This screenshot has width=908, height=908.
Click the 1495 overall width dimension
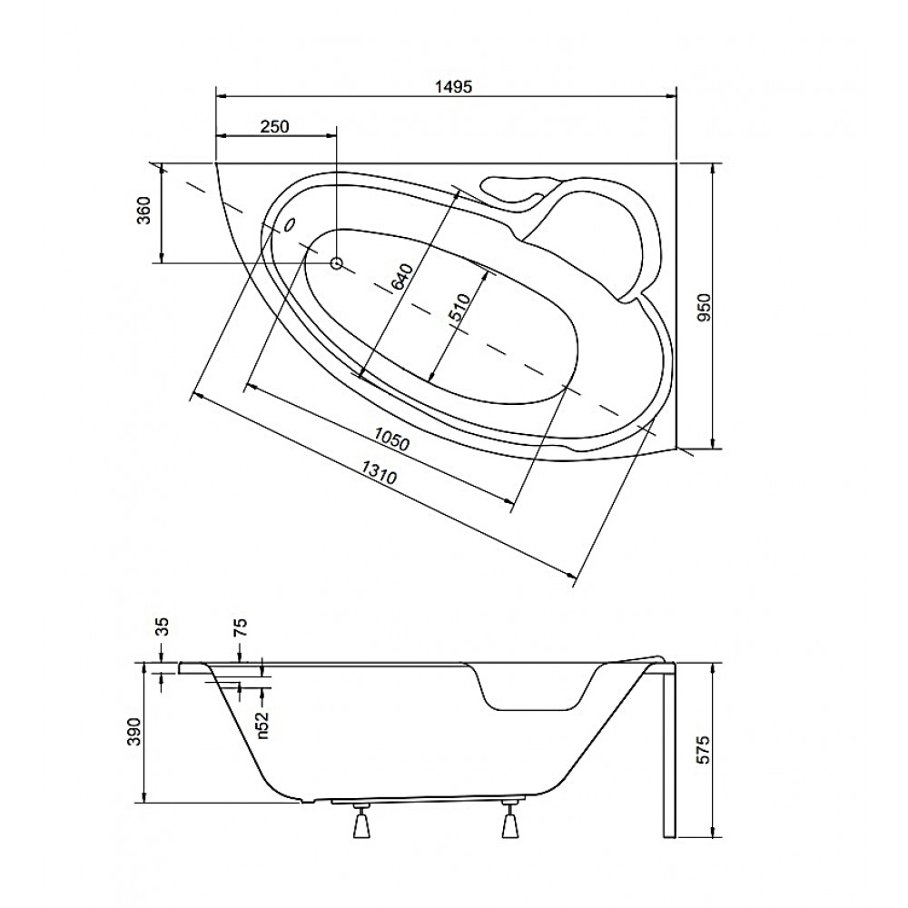pos(453,87)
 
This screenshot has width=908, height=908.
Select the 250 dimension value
pos(274,126)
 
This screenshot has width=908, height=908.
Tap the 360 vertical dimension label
pos(144,211)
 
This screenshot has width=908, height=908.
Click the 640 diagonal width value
pos(400,277)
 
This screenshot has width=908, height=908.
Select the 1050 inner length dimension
pos(391,439)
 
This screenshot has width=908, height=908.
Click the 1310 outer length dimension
pos(380,472)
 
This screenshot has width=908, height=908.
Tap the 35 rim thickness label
pos(163,627)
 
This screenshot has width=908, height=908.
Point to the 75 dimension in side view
pos(242,627)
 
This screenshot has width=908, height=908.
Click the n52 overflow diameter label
pos(263,725)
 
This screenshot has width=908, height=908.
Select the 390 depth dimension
pos(134,732)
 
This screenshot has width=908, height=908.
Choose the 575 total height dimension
pos(703,751)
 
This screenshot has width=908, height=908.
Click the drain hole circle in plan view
pos(337,263)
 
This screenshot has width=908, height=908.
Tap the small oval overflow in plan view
pos(290,224)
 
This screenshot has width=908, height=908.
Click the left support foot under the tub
pos(360,821)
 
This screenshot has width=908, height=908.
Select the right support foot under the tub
pos(509,820)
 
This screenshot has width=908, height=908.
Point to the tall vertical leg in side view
pos(669,752)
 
